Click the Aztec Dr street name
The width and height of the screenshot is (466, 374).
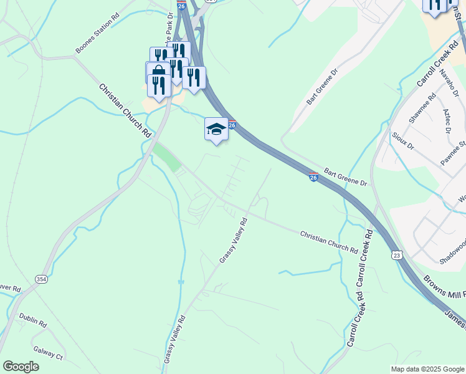tap(446, 120)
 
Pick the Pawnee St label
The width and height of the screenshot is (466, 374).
tap(454, 153)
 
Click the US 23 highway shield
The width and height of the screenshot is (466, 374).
tap(397, 255)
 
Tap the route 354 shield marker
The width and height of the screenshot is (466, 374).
tap(41, 278)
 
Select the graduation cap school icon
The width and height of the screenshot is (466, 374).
tap(216, 129)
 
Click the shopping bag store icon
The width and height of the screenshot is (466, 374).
tap(158, 72)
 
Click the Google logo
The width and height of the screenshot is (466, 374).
tap(21, 367)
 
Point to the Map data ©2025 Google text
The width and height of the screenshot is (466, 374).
tap(427, 369)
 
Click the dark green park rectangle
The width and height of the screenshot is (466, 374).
tap(166, 156)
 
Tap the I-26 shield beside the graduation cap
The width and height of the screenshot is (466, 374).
tap(231, 125)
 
